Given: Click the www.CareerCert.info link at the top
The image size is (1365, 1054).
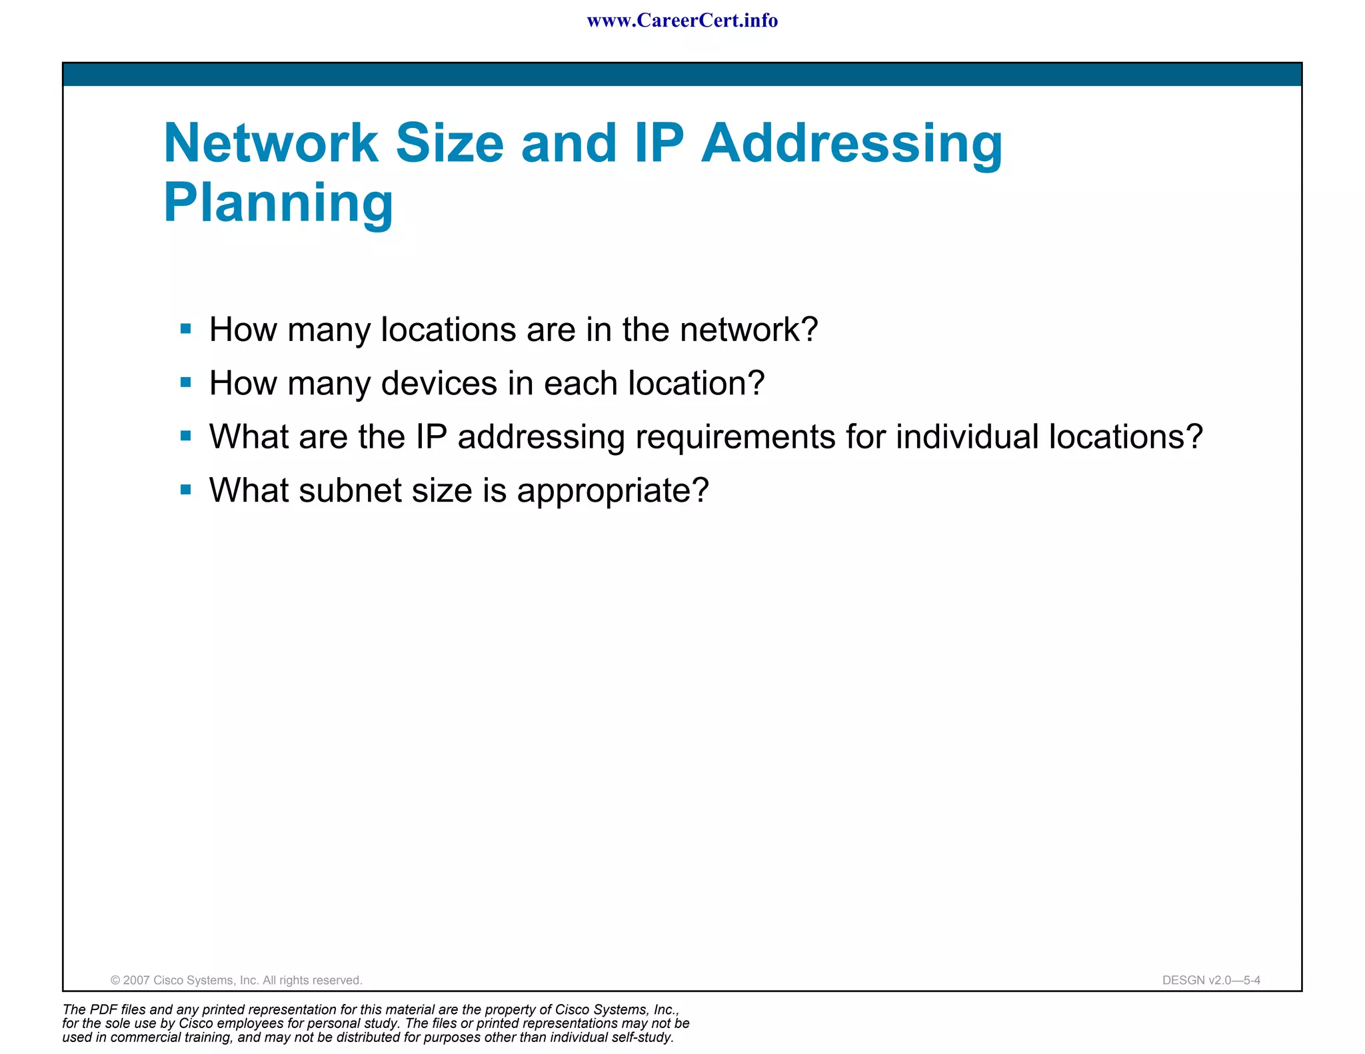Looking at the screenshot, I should point(682,21).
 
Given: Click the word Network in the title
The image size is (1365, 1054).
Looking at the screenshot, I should point(271,143).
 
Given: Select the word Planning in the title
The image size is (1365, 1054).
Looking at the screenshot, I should point(279,203).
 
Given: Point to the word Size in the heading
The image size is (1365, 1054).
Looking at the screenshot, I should point(450,143).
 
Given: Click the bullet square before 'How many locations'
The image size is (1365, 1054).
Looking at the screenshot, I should point(186,328).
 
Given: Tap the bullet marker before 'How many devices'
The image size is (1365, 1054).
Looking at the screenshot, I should point(186,382).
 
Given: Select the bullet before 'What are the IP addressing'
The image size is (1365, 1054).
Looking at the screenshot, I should point(186,436).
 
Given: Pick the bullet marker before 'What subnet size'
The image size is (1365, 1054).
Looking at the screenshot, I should point(186,490).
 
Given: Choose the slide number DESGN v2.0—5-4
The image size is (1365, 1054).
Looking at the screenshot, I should point(1211,980).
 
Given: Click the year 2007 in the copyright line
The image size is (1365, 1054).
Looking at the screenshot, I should point(137,980).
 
